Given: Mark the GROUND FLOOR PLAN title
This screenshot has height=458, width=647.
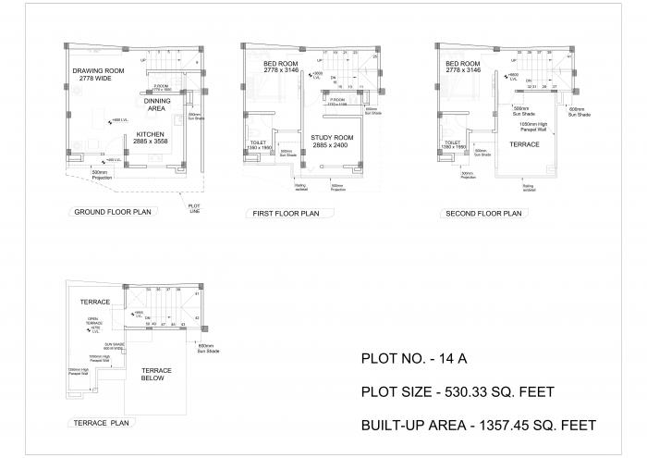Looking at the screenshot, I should point(111,212).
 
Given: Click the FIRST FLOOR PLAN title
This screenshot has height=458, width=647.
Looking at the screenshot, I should point(286,214).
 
